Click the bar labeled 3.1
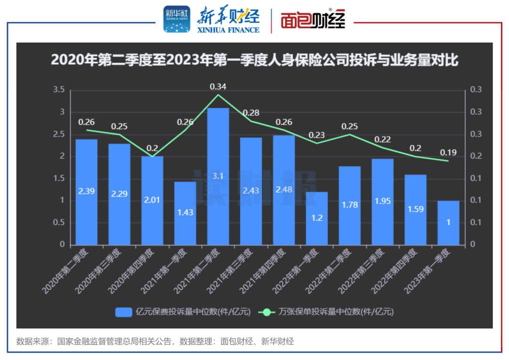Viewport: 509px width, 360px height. click(x=218, y=176)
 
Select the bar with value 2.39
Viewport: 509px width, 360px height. click(x=86, y=192)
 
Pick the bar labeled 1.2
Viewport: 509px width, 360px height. click(x=316, y=218)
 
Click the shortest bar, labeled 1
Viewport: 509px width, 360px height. click(x=448, y=222)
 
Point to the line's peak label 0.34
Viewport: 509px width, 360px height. click(x=218, y=86)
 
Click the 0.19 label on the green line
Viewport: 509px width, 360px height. click(x=448, y=153)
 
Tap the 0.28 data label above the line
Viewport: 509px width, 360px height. click(x=251, y=113)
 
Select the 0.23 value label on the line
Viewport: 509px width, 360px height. click(x=316, y=135)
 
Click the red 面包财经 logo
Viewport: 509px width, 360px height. click(x=313, y=20)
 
